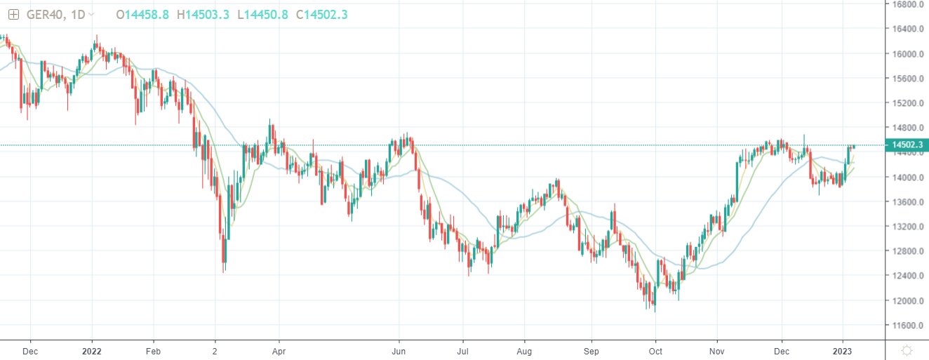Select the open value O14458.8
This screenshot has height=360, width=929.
[x=142, y=14]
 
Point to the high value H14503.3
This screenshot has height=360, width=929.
[x=203, y=14]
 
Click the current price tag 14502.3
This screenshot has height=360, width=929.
[x=906, y=145]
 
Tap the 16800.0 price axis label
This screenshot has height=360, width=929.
[x=906, y=4]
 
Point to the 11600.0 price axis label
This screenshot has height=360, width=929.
[x=906, y=326]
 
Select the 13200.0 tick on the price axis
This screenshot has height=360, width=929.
[x=906, y=227]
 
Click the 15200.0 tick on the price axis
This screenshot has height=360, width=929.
[x=906, y=103]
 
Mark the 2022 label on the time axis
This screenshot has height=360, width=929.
[x=92, y=349]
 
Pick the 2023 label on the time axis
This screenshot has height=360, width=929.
[x=843, y=349]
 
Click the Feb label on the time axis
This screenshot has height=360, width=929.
[x=154, y=349]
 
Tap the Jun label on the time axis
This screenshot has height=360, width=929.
[x=399, y=349]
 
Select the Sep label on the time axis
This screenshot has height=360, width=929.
[x=592, y=349]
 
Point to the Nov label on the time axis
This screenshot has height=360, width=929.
[x=717, y=349]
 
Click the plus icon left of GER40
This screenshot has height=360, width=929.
[x=13, y=14]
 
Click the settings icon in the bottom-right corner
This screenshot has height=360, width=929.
[x=907, y=349]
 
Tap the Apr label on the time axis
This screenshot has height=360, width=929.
[x=279, y=349]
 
